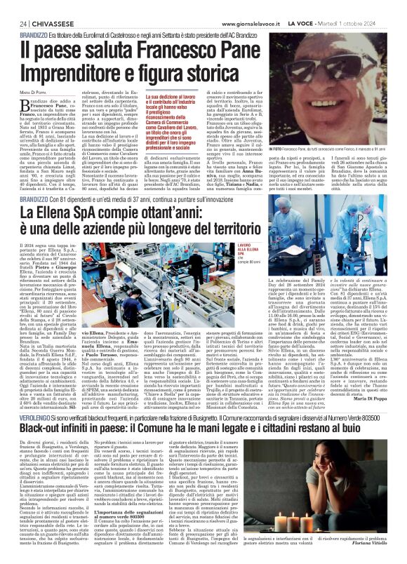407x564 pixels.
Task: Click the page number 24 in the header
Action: pos(14,6)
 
